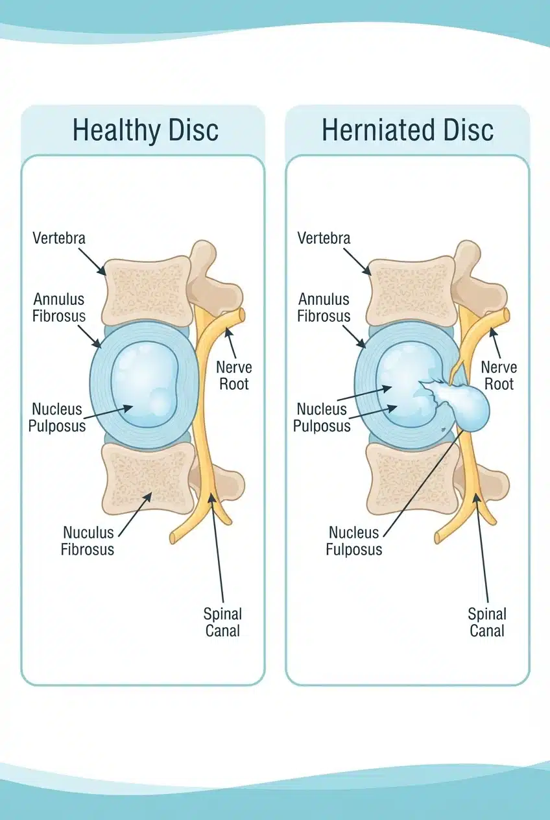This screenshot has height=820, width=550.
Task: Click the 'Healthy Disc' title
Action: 145,130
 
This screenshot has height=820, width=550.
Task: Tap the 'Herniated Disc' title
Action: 408,130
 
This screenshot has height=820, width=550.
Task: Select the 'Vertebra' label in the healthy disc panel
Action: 59,238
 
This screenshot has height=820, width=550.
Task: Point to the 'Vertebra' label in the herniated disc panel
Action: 324,238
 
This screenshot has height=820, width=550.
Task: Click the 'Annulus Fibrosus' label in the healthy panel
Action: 59,307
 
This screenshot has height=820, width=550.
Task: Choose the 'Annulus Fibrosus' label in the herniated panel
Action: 324,307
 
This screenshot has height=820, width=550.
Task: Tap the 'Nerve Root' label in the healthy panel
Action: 234,376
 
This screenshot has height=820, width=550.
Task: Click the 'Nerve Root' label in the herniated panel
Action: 499,376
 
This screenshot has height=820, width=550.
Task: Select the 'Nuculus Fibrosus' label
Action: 88,540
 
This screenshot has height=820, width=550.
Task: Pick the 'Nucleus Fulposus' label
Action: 354,540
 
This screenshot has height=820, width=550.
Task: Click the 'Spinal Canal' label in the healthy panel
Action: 222,622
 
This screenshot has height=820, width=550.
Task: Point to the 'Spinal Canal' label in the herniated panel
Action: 487,622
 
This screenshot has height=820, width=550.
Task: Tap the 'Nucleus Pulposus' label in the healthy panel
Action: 57,417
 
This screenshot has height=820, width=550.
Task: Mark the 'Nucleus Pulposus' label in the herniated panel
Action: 322,417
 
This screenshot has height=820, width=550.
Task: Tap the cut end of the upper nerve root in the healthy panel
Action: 241,315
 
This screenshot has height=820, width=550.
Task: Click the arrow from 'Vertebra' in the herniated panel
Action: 357,261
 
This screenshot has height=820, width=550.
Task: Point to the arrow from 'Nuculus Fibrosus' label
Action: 136,514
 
